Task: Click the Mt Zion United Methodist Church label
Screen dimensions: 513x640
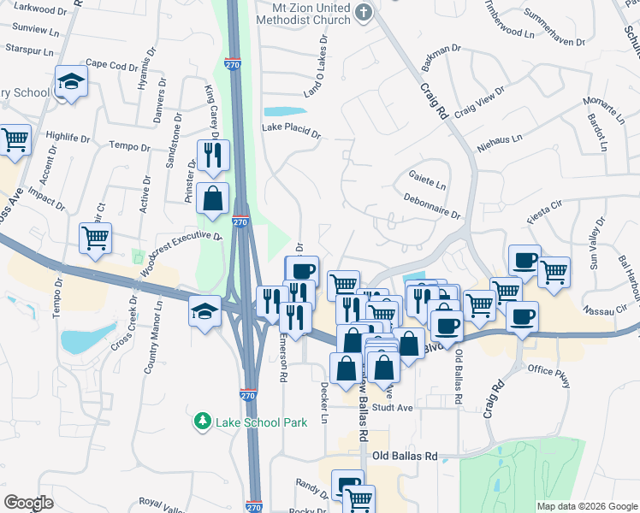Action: pyautogui.click(x=305, y=13)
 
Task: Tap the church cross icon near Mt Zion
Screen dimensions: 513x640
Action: pyautogui.click(x=364, y=11)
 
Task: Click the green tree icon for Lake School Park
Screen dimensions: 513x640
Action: pyautogui.click(x=202, y=422)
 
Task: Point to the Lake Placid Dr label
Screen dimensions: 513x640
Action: pyautogui.click(x=291, y=132)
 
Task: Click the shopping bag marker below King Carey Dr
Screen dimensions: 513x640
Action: pyautogui.click(x=212, y=198)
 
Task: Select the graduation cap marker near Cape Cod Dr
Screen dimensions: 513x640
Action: pyautogui.click(x=72, y=82)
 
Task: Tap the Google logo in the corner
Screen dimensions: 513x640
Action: pyautogui.click(x=28, y=503)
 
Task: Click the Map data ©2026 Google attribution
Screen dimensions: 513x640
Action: pyautogui.click(x=586, y=506)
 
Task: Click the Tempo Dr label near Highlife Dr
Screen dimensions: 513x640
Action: pyautogui.click(x=130, y=146)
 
